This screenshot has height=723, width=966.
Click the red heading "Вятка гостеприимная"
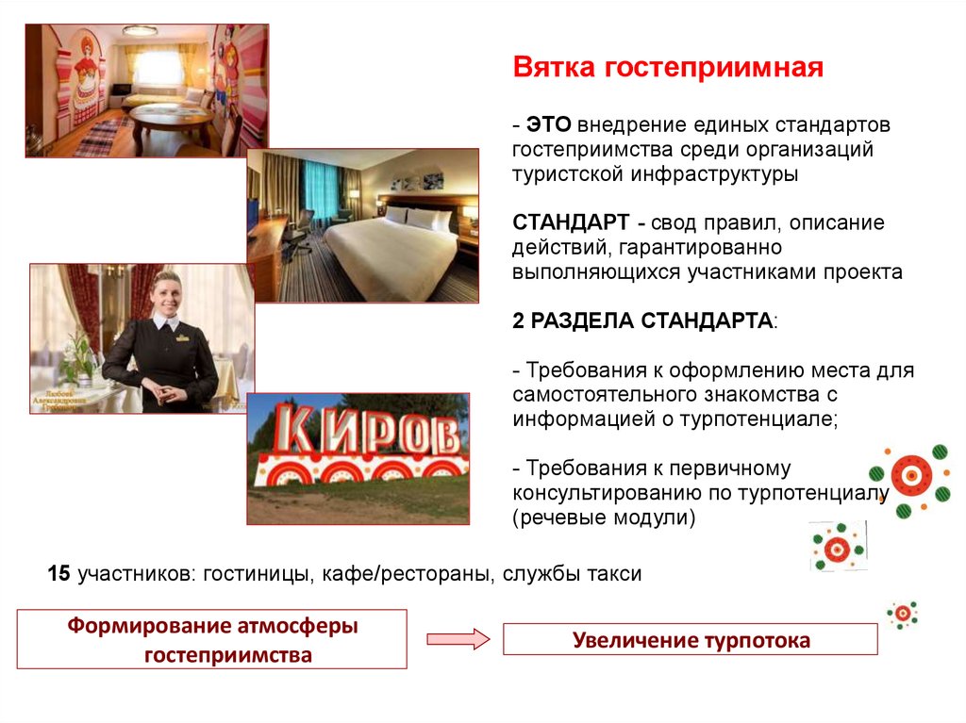(668, 69)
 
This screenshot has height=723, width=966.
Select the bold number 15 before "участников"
(58, 573)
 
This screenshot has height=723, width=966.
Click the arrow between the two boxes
(458, 639)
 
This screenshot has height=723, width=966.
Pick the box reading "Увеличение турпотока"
(691, 640)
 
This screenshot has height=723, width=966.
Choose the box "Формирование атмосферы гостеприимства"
(212, 639)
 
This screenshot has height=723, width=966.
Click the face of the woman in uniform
(165, 292)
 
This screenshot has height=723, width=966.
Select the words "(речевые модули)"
(604, 518)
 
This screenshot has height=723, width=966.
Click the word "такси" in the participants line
(616, 573)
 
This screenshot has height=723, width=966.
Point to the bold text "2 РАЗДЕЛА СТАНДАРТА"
(642, 320)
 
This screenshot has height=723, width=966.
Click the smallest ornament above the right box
(903, 614)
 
